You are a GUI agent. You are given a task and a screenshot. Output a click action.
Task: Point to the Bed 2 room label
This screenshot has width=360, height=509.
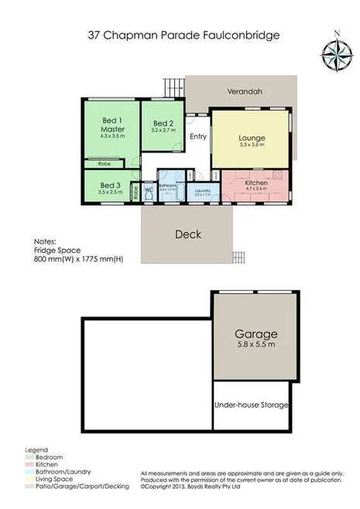tap(163, 124)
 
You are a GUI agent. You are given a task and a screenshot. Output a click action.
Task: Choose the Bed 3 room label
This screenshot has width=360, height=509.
tap(111, 186)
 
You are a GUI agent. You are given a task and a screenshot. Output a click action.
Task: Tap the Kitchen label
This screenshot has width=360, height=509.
tap(256, 183)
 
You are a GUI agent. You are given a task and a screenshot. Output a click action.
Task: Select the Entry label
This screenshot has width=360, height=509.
tap(197, 136)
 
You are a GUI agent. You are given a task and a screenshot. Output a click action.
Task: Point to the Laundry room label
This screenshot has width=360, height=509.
tap(204, 190)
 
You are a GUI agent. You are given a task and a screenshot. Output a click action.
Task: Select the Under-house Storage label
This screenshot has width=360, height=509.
tap(251, 405)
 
